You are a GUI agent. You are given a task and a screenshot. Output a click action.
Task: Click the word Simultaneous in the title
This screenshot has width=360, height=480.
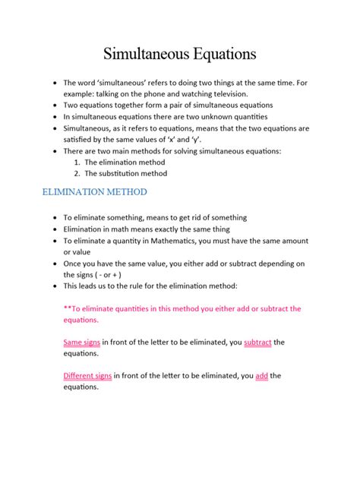coord(144,54)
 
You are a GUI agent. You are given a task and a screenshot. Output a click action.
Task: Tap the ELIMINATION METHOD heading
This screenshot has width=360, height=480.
coord(94,192)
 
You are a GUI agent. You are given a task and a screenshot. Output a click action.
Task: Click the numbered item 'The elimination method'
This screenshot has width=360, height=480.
coord(124,163)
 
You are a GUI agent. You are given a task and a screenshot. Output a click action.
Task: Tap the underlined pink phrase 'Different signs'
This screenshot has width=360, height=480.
coord(87,375)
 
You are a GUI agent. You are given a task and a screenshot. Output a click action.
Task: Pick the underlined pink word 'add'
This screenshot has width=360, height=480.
coord(263,375)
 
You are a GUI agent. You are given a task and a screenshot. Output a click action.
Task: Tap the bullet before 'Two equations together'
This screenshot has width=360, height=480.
coord(54,105)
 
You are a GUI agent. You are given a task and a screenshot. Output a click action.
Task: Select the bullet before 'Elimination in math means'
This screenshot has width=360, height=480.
coord(54,229)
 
